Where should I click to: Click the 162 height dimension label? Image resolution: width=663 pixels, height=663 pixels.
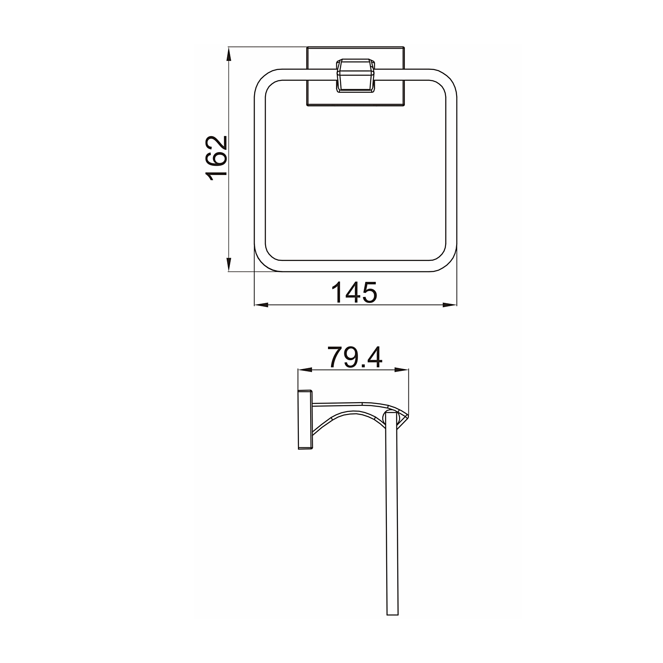click(x=217, y=159)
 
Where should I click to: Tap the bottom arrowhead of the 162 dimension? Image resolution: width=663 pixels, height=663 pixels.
click(x=229, y=264)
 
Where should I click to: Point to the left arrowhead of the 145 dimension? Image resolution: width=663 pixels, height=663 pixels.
click(x=262, y=304)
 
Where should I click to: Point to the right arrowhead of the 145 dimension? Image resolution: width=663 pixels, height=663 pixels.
click(x=450, y=304)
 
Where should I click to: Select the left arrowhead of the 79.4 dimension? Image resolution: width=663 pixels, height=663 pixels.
click(x=305, y=370)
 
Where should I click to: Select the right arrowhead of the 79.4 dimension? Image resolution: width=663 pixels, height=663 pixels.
click(x=401, y=370)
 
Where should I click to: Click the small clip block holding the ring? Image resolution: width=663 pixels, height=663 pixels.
click(x=355, y=76)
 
